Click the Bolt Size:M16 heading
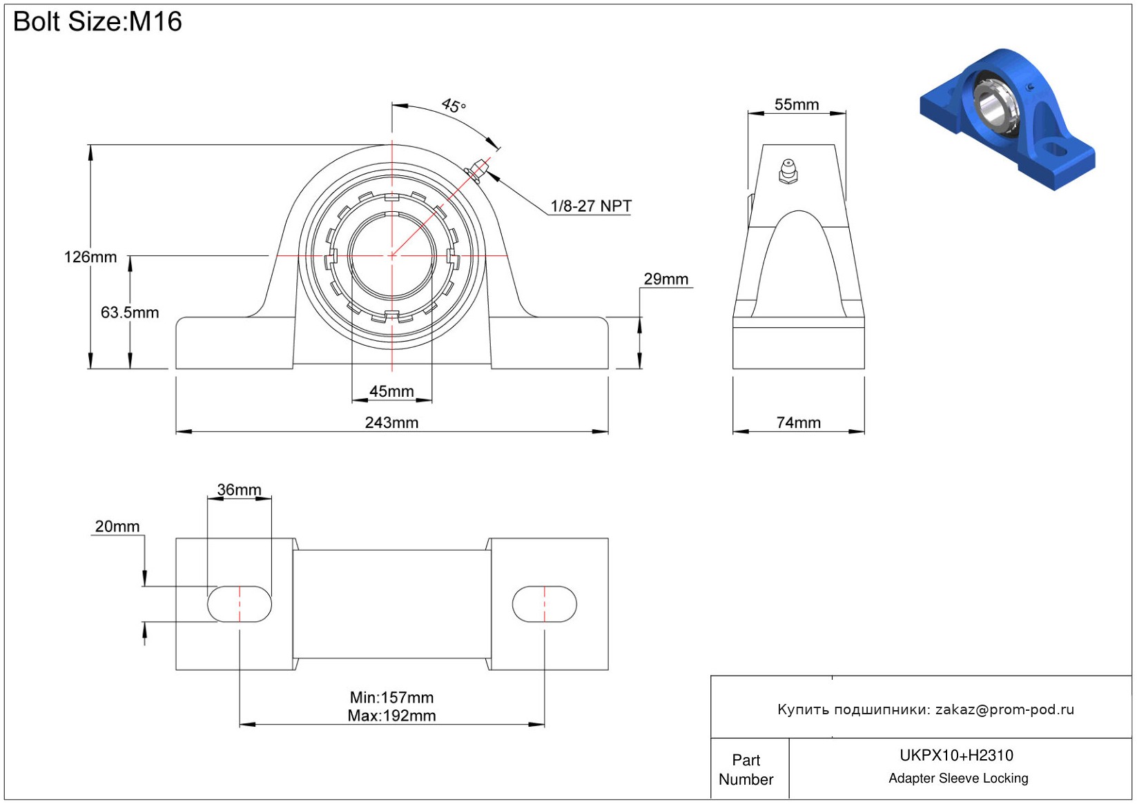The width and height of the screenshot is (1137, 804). coord(97,22)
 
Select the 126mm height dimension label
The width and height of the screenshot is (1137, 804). coord(90,257)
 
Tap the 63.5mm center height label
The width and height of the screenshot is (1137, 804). coord(130,312)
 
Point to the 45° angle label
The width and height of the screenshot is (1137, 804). coord(454,106)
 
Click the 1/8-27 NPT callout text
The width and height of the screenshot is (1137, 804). coord(591,206)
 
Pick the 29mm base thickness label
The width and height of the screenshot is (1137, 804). coord(666,280)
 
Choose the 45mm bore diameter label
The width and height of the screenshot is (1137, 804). coord(391,391)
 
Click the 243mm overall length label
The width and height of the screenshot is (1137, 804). coord(391,422)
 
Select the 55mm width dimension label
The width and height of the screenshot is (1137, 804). coord(797,105)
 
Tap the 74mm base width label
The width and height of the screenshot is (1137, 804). coord(799,422)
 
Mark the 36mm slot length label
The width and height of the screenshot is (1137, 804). coord(239,490)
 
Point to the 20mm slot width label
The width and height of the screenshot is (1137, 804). coord(117,527)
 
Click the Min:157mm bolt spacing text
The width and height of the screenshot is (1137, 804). coord(391,698)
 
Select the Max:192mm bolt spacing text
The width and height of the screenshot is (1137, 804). coord(391,716)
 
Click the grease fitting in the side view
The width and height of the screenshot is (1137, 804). coord(788,172)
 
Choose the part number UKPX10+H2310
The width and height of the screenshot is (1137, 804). coord(956,756)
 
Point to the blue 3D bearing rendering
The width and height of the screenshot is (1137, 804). coord(1008,119)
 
